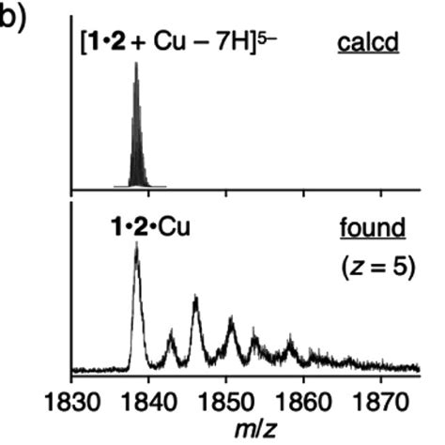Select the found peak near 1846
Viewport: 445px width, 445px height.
click(195, 302)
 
